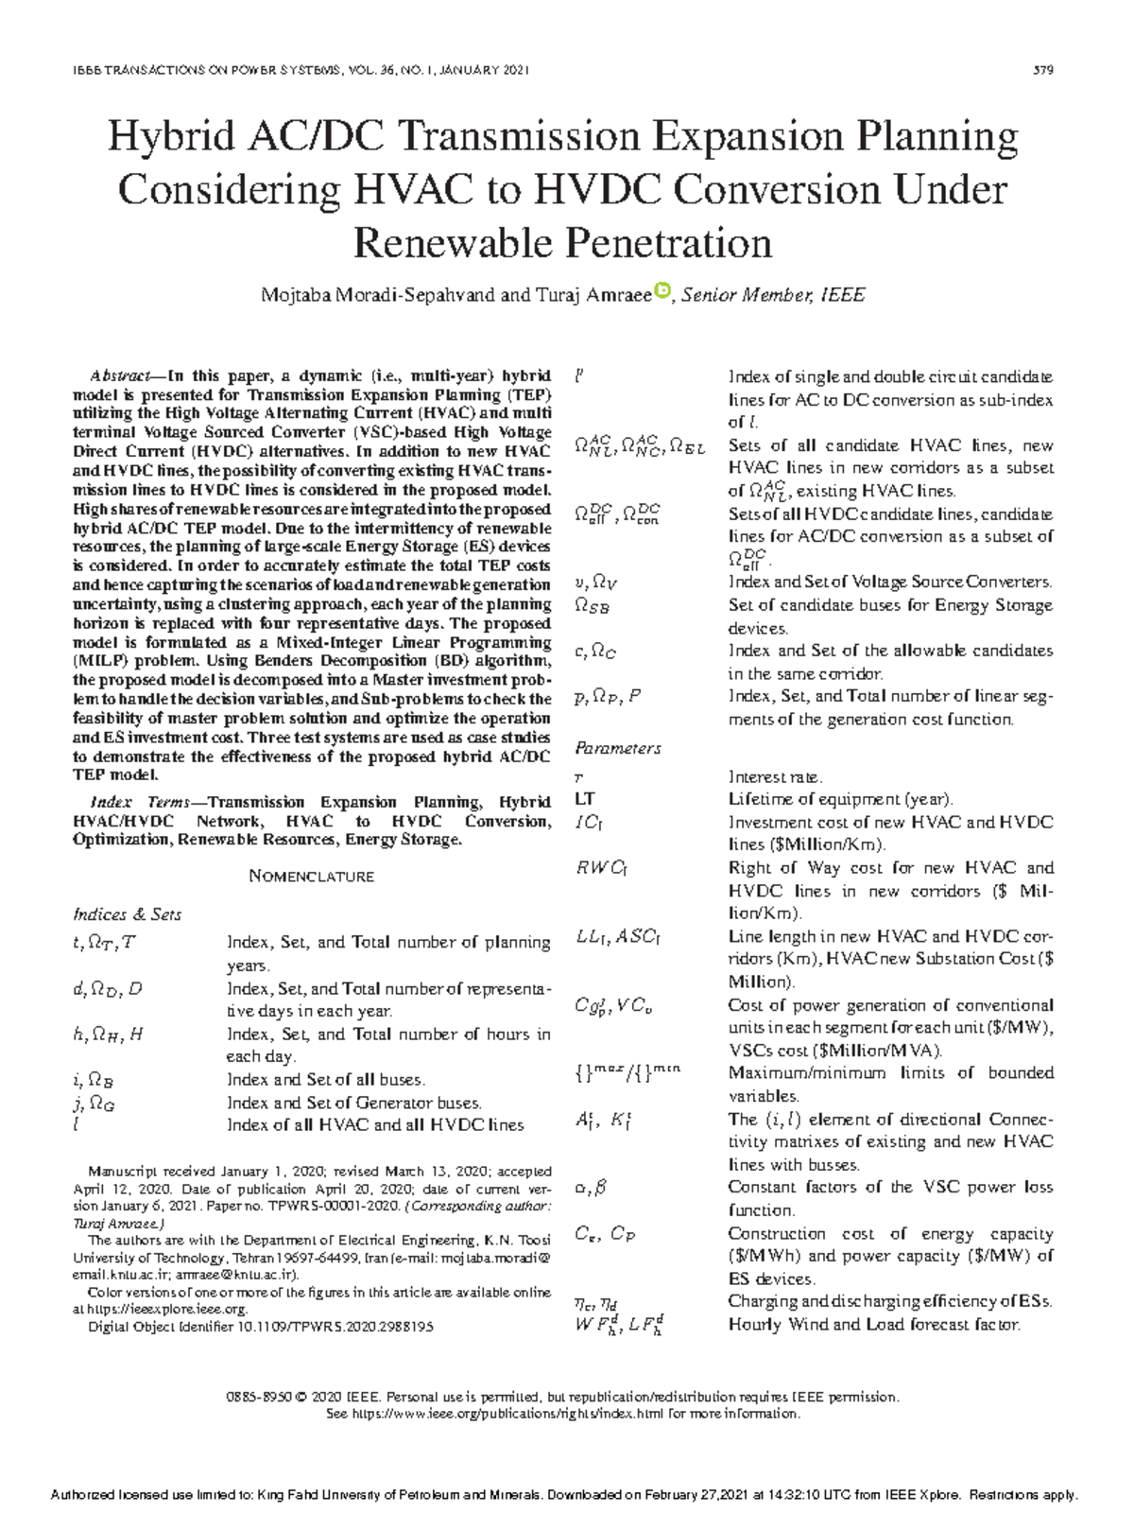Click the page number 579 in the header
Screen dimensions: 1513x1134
pyautogui.click(x=1044, y=70)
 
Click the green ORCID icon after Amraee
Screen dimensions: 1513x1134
pyautogui.click(x=661, y=291)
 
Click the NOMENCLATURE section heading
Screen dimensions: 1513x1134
pyautogui.click(x=311, y=877)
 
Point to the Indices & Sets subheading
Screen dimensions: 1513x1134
pyautogui.click(x=127, y=914)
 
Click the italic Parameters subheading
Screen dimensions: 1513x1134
pyautogui.click(x=617, y=748)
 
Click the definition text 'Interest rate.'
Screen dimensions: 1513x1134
pyautogui.click(x=775, y=776)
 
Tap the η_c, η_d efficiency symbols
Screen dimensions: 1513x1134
pyautogui.click(x=595, y=1302)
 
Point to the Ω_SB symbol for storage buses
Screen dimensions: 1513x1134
pyautogui.click(x=592, y=606)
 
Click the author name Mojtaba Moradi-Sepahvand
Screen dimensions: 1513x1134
pyautogui.click(x=377, y=295)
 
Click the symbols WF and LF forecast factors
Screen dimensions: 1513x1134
pyautogui.click(x=618, y=1325)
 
